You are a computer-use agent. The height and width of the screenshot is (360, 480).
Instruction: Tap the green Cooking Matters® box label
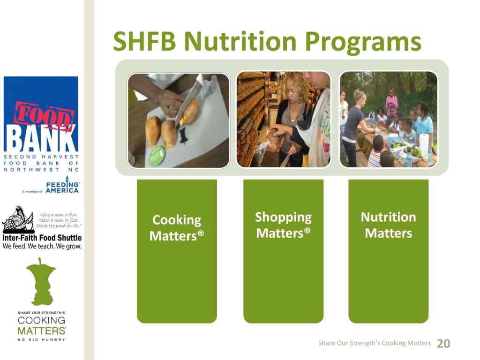coord(177,228)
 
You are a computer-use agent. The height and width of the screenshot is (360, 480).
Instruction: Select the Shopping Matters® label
coord(283,225)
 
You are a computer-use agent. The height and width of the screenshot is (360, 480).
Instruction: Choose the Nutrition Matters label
coord(388,225)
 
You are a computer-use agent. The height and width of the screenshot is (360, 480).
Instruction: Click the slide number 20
coord(443,344)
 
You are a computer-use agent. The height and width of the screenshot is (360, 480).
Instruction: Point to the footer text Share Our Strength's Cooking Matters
coord(374,343)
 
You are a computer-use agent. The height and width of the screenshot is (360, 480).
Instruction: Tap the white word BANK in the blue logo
coord(41,140)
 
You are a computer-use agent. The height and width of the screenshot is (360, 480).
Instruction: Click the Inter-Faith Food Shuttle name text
coord(42,238)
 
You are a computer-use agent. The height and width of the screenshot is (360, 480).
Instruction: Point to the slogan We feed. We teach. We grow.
coord(42,246)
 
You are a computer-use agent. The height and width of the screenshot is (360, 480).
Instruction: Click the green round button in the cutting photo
coord(157,156)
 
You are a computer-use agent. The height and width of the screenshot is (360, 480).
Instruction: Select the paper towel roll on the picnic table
coord(424,144)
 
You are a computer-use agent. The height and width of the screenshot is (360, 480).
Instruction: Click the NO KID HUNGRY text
coord(41,339)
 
